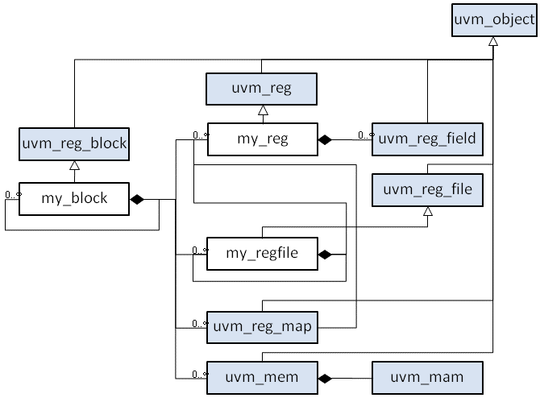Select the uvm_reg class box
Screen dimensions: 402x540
point(261,89)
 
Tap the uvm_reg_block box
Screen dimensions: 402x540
point(74,145)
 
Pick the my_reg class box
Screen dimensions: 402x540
point(261,139)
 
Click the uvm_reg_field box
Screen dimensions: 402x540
point(428,139)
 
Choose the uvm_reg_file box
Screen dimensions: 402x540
point(428,190)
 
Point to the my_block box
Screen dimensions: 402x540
point(74,198)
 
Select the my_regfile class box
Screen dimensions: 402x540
point(261,253)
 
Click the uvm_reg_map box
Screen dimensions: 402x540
point(261,326)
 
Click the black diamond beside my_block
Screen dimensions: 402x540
point(138,199)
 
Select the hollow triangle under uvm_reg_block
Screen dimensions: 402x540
point(74,165)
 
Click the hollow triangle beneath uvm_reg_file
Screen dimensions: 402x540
point(428,211)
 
